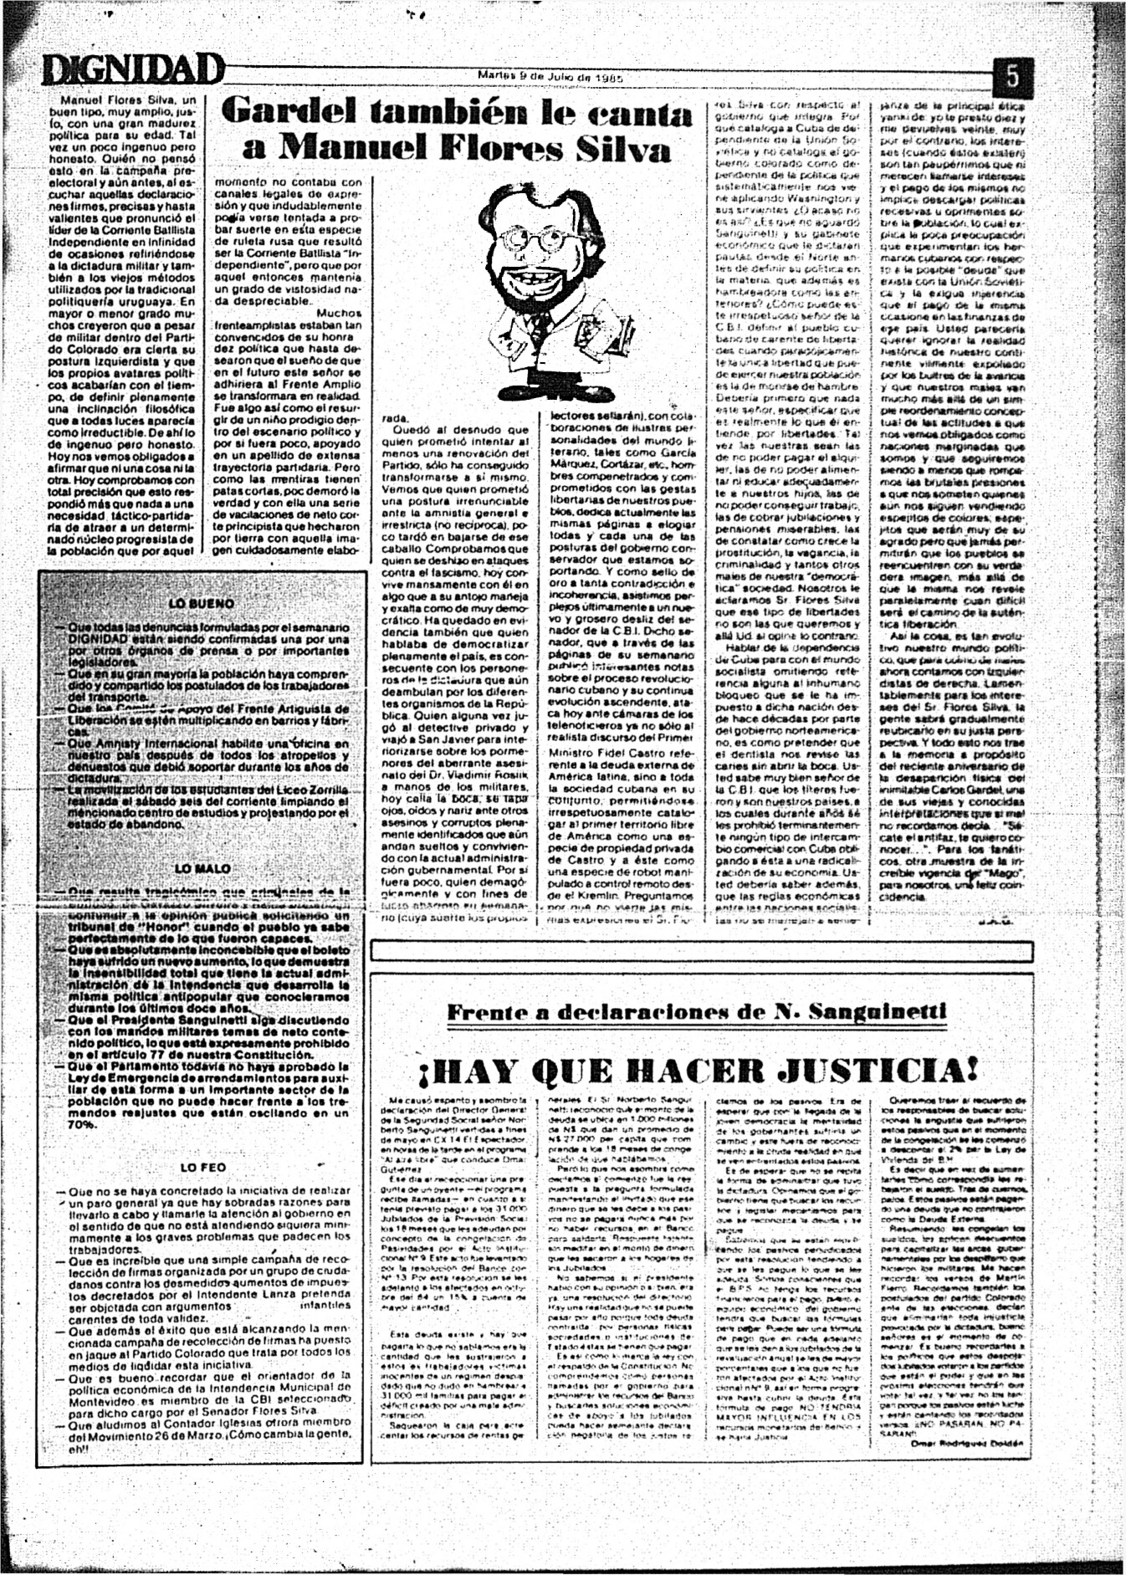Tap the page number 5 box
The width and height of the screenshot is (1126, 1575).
tap(1010, 77)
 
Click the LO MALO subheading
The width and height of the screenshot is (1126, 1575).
tap(202, 869)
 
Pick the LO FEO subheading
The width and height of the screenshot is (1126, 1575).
tap(202, 1167)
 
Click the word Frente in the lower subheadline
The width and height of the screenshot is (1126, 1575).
tap(487, 1012)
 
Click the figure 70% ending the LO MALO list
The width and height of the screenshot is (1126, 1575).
tap(82, 1125)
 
